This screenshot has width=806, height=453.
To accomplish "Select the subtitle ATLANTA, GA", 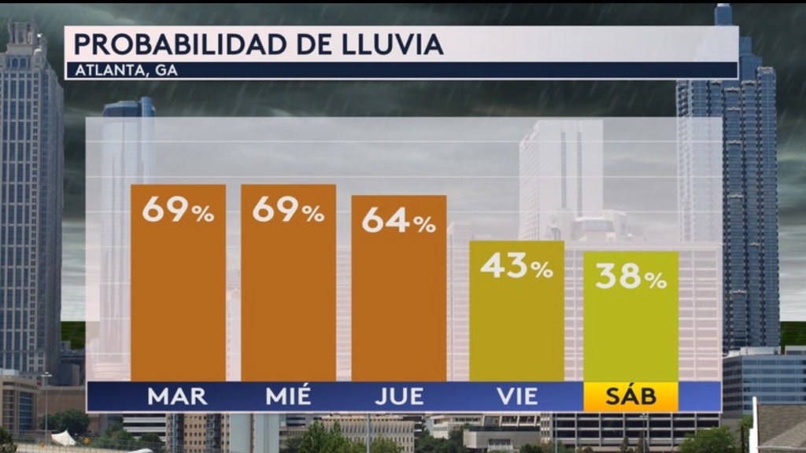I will tap(126, 70).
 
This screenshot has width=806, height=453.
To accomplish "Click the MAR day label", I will tap(177, 396).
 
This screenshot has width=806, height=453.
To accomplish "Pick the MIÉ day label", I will tap(288, 396).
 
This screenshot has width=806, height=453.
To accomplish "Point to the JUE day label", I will tap(399, 396).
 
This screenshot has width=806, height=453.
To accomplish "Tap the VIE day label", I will tap(516, 396).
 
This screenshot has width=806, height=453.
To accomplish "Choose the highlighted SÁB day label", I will tap(630, 396).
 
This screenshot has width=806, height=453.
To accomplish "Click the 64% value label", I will tap(398, 222).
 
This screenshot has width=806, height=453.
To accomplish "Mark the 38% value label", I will tap(630, 278).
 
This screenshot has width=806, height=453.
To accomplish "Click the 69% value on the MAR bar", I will tap(178, 211).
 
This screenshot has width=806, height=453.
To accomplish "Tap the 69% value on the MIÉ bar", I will tap(288, 211).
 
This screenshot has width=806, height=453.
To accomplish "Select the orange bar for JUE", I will tap(398, 307).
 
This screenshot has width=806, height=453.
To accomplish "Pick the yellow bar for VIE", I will tap(516, 330).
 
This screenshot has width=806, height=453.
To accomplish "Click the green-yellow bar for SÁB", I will tap(630, 334).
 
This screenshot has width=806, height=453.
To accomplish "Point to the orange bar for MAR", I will tap(178, 299).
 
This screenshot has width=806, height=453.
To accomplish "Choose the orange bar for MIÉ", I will tap(288, 299).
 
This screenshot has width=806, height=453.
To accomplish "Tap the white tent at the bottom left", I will tap(63, 437).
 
